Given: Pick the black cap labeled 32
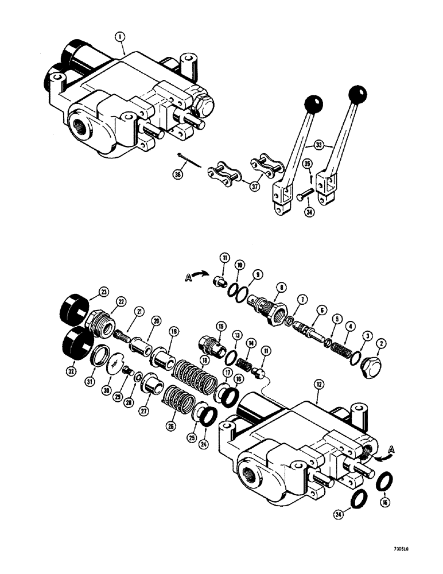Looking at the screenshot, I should pos(72,343).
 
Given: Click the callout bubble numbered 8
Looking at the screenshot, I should pos(280,286).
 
